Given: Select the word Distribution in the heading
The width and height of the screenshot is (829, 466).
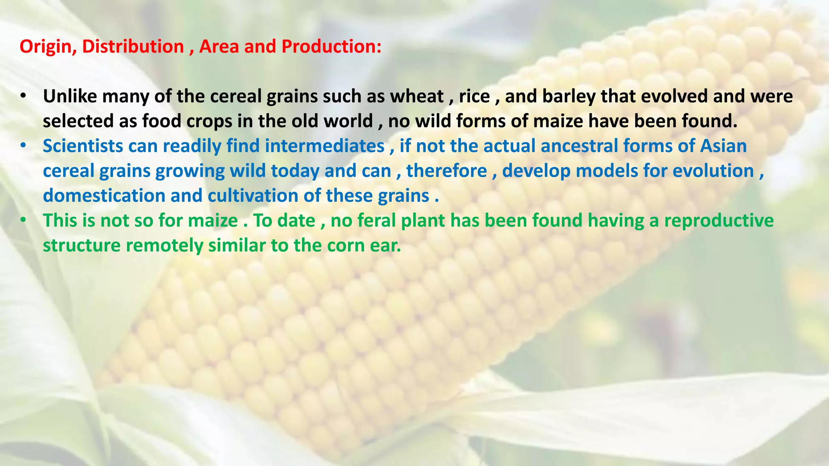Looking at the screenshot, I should (133, 47).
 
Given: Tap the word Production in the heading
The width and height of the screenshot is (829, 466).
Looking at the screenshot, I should (332, 47).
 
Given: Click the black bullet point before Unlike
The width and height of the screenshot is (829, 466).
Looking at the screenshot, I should (23, 96).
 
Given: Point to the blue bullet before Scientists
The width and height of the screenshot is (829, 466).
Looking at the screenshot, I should (23, 146).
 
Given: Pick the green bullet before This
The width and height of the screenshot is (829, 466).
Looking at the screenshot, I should (23, 220).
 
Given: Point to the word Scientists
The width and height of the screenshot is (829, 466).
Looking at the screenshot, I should (83, 146).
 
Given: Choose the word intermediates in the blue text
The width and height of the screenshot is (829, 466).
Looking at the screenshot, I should (325, 146).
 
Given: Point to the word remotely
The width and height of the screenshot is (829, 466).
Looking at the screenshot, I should (164, 246).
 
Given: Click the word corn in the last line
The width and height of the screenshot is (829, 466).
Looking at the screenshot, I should (346, 246).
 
